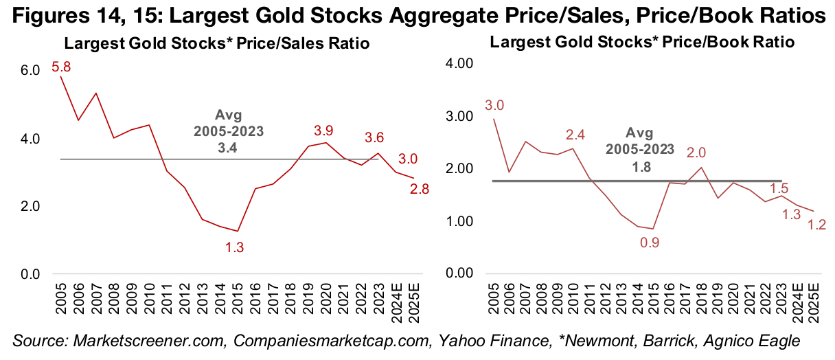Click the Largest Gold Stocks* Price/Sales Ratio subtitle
coord(217,44)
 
